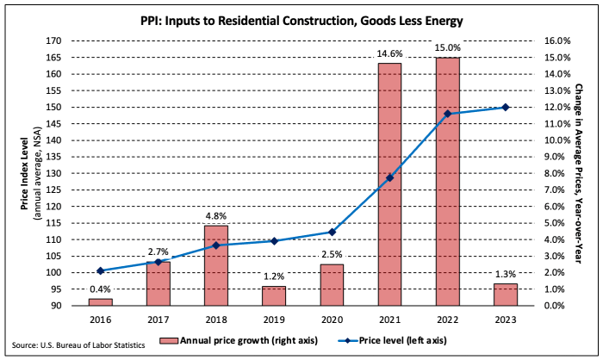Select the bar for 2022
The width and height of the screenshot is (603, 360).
(x=447, y=181)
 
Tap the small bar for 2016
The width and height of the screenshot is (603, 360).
(x=101, y=302)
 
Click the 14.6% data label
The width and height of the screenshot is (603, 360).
(x=389, y=54)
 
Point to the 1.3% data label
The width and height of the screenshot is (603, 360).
(x=506, y=275)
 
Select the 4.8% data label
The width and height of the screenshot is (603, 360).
(x=216, y=216)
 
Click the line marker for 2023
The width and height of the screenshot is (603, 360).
(x=506, y=107)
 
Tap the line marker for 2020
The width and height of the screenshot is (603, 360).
(x=332, y=232)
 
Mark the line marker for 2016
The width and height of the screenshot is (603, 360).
(x=101, y=270)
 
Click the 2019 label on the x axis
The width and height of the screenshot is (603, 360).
(x=274, y=319)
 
